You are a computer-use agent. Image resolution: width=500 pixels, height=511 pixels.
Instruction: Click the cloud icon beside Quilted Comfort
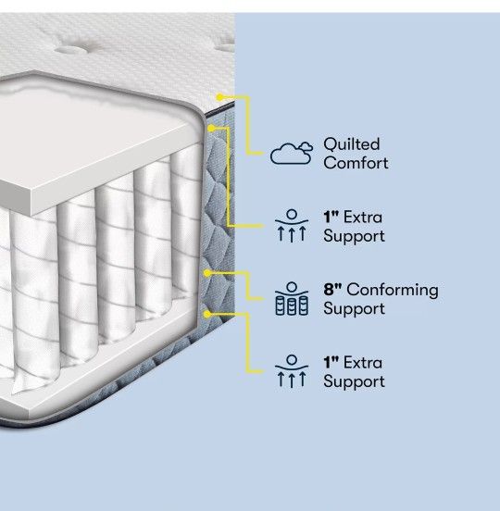coord(292,153)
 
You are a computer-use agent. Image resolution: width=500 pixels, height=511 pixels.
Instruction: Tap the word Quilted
coord(352,144)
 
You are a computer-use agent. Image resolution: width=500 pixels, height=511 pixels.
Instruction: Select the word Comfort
coord(356,163)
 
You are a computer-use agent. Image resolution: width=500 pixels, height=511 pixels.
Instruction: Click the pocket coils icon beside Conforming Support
coord(292,299)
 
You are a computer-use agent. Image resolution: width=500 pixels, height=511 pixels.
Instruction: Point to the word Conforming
coord(393,290)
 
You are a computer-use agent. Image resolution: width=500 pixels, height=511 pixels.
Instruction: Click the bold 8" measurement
coord(332,289)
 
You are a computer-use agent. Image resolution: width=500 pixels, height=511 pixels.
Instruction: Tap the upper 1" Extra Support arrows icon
coord(292,226)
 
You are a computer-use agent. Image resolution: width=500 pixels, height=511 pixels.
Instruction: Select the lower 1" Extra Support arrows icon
coord(292,371)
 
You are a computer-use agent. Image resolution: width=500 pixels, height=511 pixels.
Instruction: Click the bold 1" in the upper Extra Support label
coord(331,217)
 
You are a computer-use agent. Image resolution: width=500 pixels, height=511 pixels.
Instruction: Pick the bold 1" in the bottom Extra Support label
coord(331,362)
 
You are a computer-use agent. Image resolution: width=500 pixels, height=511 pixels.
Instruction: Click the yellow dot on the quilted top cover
coord(220,97)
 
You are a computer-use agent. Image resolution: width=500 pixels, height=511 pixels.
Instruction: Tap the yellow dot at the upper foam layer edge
coord(211,129)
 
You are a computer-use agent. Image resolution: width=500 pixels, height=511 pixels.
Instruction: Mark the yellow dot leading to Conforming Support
coord(207,273)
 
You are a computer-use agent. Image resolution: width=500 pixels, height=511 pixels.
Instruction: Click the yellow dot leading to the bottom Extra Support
coord(207,314)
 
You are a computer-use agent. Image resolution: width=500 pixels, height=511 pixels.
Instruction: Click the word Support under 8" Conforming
coord(355,309)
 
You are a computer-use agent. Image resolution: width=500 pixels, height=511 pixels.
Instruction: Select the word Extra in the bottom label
coord(363,362)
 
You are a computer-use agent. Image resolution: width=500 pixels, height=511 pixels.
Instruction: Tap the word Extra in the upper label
coord(363,217)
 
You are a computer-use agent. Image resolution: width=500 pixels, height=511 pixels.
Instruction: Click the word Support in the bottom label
coord(355,382)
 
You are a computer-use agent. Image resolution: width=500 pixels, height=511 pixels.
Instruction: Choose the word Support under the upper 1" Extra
coord(355,237)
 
